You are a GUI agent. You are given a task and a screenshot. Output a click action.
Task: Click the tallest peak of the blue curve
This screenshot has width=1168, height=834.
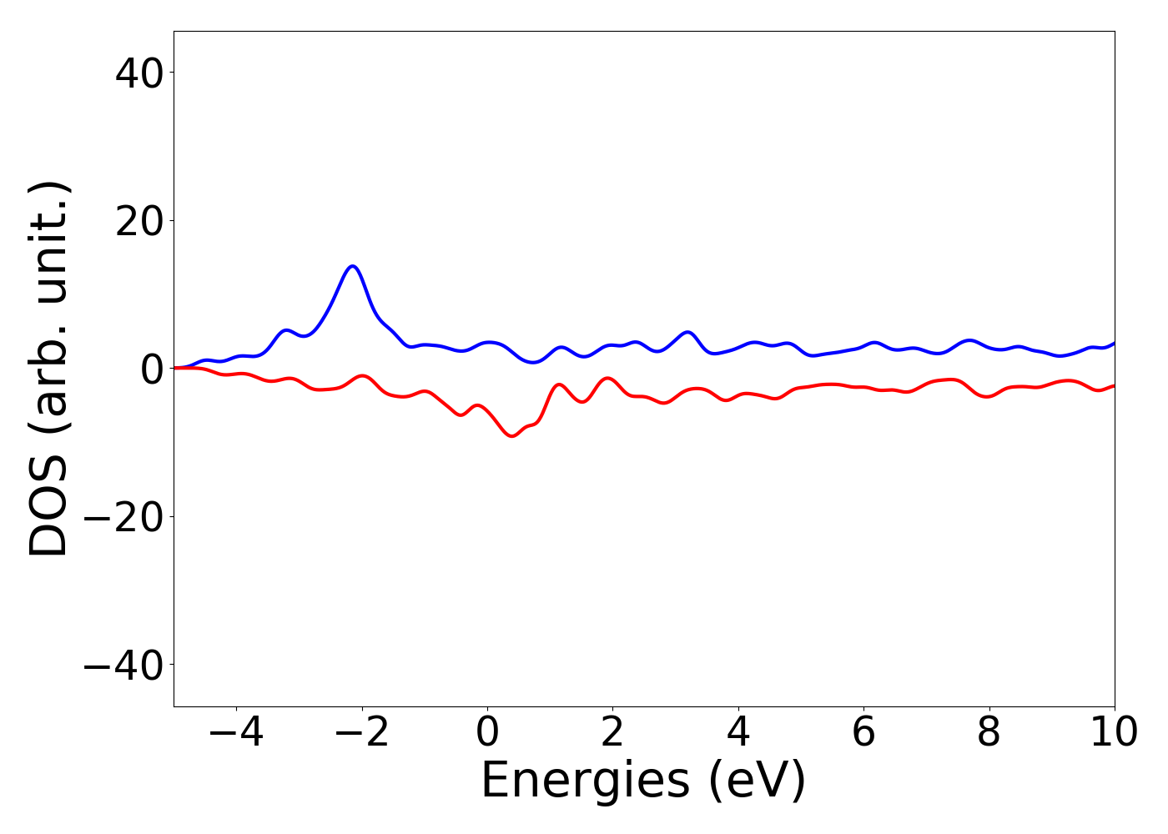point(353,266)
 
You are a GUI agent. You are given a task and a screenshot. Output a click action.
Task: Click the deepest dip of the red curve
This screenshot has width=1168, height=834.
point(512,436)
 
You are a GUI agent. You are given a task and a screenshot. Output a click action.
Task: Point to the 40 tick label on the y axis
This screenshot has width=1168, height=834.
point(138,73)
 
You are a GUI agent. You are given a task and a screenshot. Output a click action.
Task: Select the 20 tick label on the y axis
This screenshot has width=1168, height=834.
point(138,221)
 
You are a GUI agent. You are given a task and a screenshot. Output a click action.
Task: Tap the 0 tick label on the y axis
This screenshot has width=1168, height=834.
point(151,369)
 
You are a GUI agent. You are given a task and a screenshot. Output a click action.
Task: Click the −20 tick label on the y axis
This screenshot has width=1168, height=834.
point(123,517)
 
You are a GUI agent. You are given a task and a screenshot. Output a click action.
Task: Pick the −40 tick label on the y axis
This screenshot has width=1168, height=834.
point(123,665)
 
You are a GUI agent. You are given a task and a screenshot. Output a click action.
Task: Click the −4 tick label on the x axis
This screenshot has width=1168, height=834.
point(236,733)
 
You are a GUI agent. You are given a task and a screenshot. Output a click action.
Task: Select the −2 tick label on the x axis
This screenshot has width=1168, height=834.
point(362,733)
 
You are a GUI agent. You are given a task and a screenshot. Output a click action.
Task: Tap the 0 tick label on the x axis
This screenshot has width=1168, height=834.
point(487,733)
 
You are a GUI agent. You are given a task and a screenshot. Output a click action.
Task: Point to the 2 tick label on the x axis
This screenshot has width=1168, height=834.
point(612,733)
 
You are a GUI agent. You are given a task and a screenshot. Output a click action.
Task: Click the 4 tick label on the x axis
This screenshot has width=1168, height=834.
point(738,733)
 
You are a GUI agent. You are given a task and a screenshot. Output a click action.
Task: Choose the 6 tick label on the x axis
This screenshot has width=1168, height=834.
point(863,733)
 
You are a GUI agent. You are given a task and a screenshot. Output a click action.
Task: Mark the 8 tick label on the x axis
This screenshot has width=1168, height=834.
point(989,733)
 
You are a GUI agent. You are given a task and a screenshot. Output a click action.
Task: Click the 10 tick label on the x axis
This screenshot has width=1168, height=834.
point(1114,733)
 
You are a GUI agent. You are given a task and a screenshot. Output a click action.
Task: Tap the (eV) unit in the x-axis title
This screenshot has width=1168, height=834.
point(758,781)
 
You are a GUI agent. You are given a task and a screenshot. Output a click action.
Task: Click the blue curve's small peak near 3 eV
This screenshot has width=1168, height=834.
point(687,332)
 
